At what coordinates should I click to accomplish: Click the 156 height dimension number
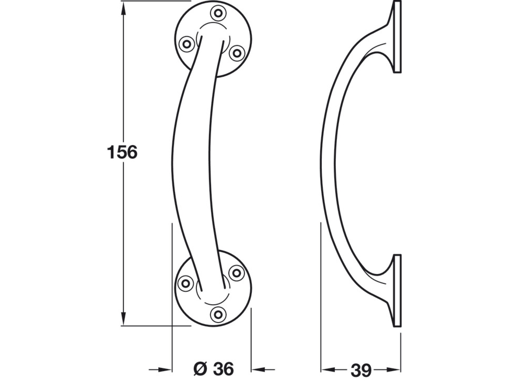[122, 152]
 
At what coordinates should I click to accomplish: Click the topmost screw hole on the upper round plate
[218, 13]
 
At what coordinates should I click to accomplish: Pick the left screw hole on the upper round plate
[187, 44]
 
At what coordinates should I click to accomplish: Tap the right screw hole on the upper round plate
[237, 53]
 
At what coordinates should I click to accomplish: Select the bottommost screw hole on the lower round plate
[218, 314]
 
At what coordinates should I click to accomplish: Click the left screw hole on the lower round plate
[185, 283]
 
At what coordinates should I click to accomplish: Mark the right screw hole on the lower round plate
[236, 273]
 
